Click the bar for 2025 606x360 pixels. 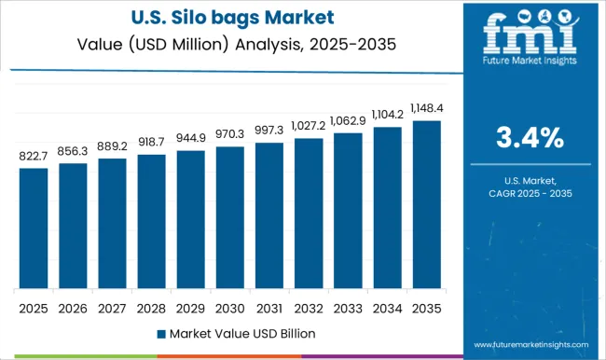(34, 228)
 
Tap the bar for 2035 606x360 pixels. (426, 204)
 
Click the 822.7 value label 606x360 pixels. (34, 158)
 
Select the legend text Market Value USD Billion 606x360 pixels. (239, 333)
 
